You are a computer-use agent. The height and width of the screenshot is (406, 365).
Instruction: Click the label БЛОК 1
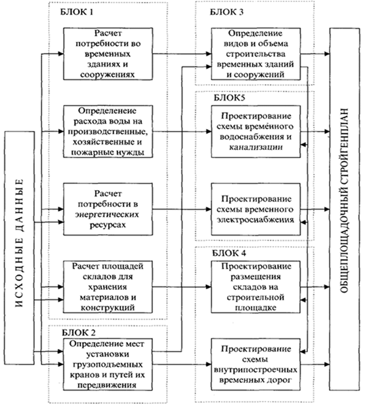[77, 12]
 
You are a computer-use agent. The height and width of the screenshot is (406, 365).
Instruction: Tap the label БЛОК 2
[79, 333]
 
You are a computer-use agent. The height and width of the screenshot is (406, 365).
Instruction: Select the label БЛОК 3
[227, 12]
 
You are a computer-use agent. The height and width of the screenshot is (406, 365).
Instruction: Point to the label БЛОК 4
[229, 253]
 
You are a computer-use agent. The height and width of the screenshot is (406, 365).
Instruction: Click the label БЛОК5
[230, 98]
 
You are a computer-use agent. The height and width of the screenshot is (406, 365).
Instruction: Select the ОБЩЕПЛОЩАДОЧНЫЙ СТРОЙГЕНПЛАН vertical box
[345, 209]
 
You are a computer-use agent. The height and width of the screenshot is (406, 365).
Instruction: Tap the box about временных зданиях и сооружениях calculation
[108, 54]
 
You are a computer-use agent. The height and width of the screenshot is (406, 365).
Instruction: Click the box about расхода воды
[108, 132]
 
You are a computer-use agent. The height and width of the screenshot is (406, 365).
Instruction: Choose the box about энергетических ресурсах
[108, 209]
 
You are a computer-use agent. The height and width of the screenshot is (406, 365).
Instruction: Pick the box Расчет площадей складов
[108, 287]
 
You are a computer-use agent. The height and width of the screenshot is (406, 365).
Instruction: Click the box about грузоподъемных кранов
[108, 365]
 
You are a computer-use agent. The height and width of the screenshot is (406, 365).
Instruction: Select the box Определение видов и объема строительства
[256, 54]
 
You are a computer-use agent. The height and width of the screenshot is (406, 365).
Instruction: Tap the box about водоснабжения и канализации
[256, 132]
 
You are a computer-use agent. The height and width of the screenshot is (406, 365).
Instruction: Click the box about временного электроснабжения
[256, 209]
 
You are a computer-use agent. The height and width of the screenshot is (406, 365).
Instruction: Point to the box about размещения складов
[256, 287]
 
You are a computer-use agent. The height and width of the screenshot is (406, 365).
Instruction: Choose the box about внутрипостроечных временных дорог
[256, 365]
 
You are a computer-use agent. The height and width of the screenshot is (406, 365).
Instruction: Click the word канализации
[256, 147]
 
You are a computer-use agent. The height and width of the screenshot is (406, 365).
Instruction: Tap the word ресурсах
[108, 225]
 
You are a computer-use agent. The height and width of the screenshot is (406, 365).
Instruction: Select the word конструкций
[108, 308]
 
